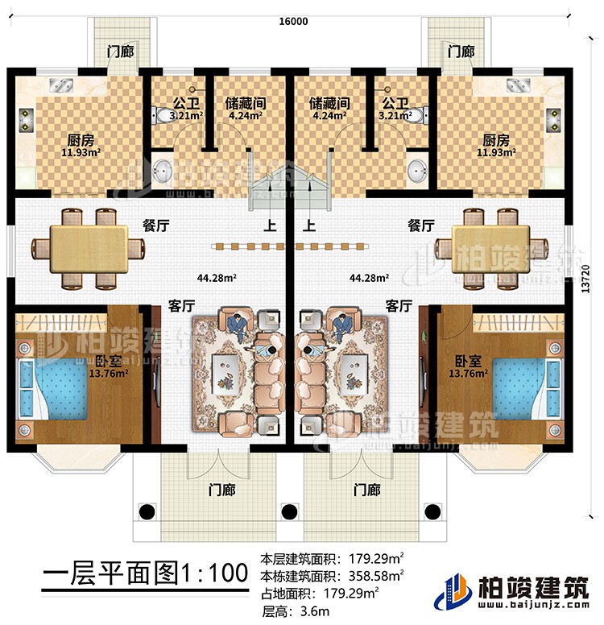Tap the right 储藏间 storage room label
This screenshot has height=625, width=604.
tap(328, 103)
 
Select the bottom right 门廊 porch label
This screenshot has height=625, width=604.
tap(366, 488)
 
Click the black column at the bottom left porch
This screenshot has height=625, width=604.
tap(147, 511)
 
